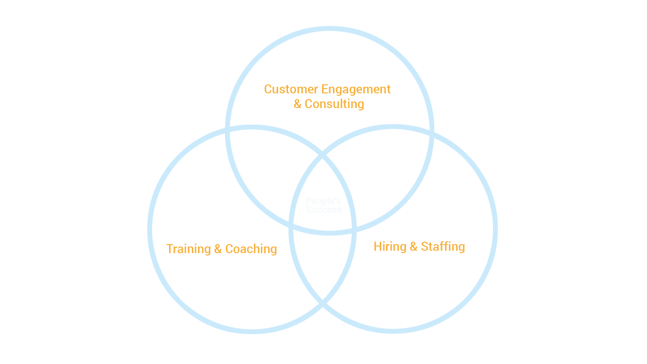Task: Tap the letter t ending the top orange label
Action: coord(388,90)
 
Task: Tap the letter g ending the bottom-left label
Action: coord(274,250)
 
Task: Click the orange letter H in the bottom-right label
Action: coord(377,246)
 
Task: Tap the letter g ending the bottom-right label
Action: coord(461,248)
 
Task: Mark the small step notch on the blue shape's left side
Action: coord(166,163)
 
